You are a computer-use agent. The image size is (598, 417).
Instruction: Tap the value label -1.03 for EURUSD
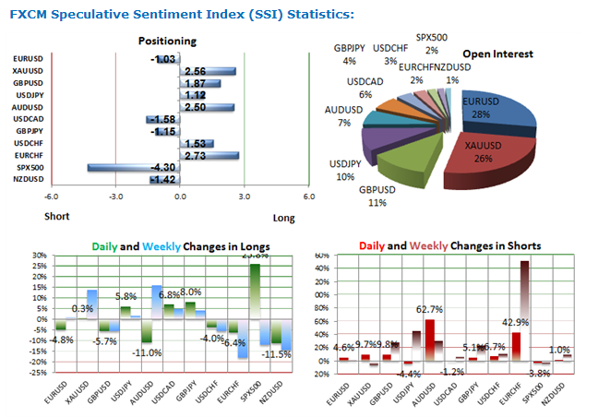[163, 59]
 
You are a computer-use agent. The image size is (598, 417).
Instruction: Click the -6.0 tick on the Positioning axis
[51, 197]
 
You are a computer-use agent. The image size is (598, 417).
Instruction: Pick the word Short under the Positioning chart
[57, 217]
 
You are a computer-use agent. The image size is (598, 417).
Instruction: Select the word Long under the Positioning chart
[284, 219]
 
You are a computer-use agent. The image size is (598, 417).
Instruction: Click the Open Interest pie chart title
[497, 54]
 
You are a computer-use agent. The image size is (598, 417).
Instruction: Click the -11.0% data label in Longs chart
[148, 352]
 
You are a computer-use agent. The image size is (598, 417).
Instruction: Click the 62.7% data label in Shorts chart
[431, 310]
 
